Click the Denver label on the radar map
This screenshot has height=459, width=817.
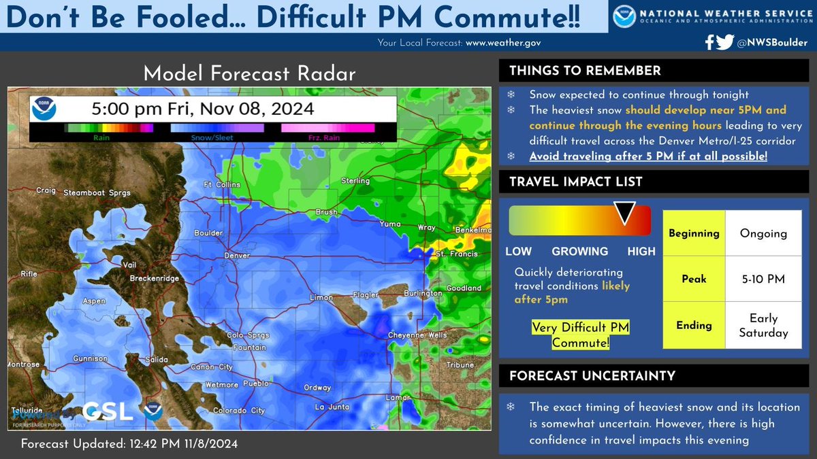point(237,256)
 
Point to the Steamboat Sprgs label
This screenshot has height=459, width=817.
point(91,192)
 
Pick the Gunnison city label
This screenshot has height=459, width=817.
point(90,358)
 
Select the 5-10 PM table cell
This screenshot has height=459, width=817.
point(763,279)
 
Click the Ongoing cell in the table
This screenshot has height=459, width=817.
point(763,233)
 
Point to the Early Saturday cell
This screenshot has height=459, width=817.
point(763,325)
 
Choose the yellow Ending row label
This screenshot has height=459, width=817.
point(693,325)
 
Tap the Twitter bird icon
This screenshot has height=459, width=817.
point(725,42)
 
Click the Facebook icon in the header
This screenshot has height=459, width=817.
point(709,42)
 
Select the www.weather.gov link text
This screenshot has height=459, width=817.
point(502,42)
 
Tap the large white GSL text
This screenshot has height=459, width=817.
point(108,411)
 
